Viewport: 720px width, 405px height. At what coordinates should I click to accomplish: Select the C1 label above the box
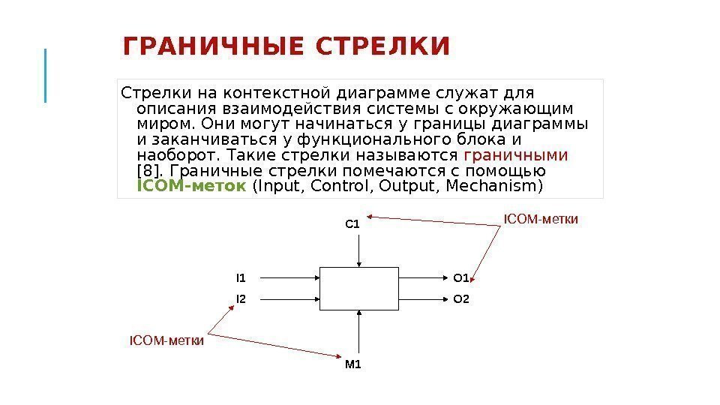click(352, 223)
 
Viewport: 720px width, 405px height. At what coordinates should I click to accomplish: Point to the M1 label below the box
click(352, 365)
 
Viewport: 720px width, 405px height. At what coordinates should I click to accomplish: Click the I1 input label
click(241, 278)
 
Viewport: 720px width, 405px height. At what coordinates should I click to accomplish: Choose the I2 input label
click(241, 299)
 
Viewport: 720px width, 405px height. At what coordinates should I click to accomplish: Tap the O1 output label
click(460, 278)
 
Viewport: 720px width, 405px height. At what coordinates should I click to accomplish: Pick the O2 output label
click(460, 299)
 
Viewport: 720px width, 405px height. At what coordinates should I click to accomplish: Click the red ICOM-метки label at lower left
click(167, 340)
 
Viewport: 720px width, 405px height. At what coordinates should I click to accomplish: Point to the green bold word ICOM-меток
click(191, 185)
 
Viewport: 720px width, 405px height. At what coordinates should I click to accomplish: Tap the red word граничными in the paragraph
click(516, 155)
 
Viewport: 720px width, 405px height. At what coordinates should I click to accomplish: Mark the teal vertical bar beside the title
click(46, 75)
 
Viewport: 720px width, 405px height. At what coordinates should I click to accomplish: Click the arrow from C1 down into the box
click(361, 247)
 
